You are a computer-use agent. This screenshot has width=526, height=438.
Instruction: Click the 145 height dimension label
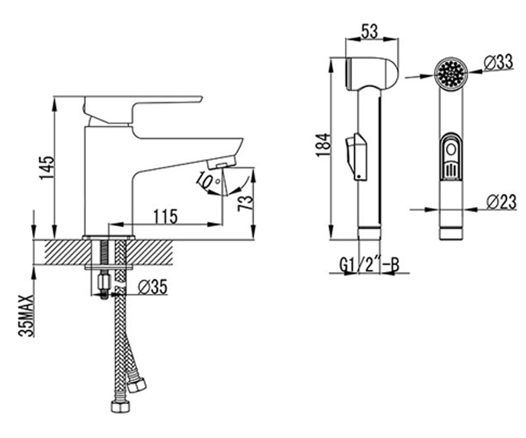click(x=47, y=168)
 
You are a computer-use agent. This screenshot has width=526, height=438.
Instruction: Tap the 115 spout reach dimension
click(x=166, y=216)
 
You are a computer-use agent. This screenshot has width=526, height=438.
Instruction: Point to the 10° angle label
click(x=208, y=180)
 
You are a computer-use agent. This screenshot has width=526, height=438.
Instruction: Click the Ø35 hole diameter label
click(x=153, y=287)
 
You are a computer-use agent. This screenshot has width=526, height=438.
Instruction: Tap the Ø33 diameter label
click(x=498, y=62)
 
